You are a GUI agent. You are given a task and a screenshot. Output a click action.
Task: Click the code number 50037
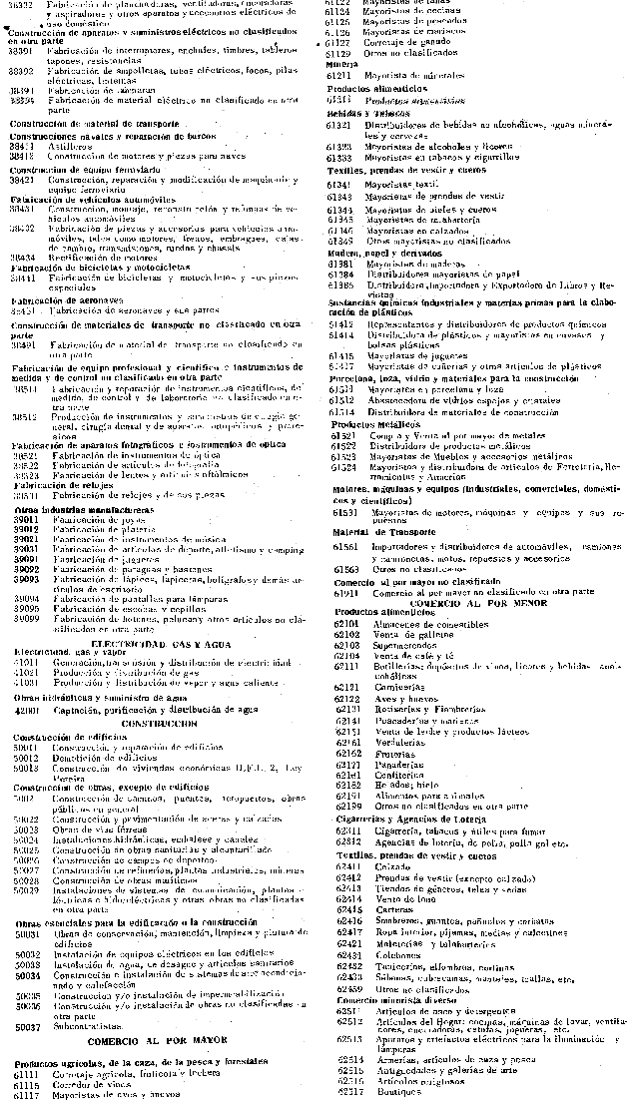(28, 1025)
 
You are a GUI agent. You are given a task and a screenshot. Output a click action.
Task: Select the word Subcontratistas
(90, 1025)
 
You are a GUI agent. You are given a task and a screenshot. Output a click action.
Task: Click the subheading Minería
(342, 64)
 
